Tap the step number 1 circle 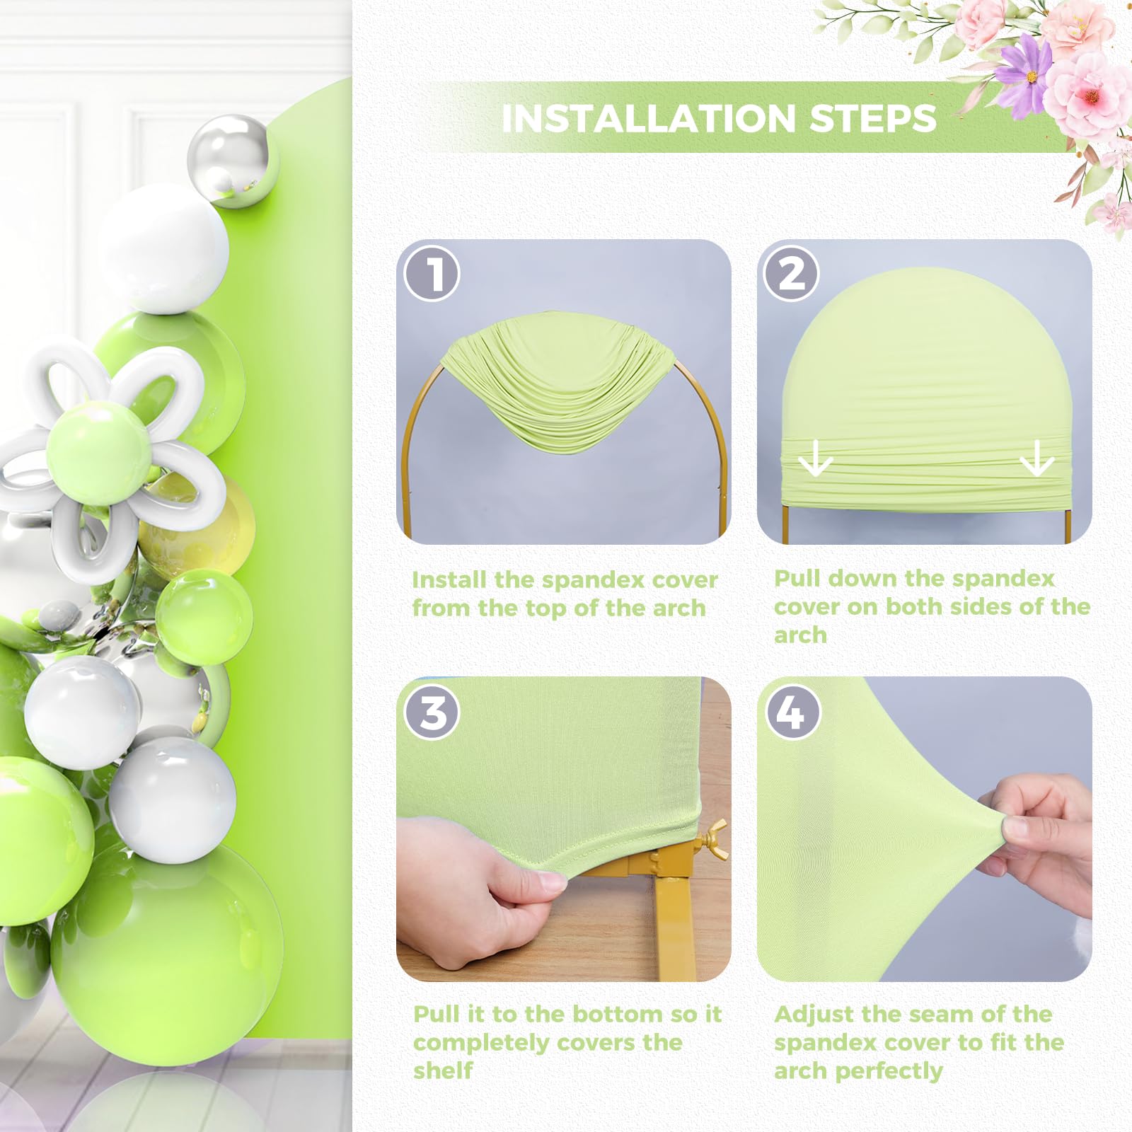coord(432,273)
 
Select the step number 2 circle coord(791,273)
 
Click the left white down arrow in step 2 coord(815,458)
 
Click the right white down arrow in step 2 coord(1037,458)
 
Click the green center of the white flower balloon coord(99,441)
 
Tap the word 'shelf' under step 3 coord(443,1070)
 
